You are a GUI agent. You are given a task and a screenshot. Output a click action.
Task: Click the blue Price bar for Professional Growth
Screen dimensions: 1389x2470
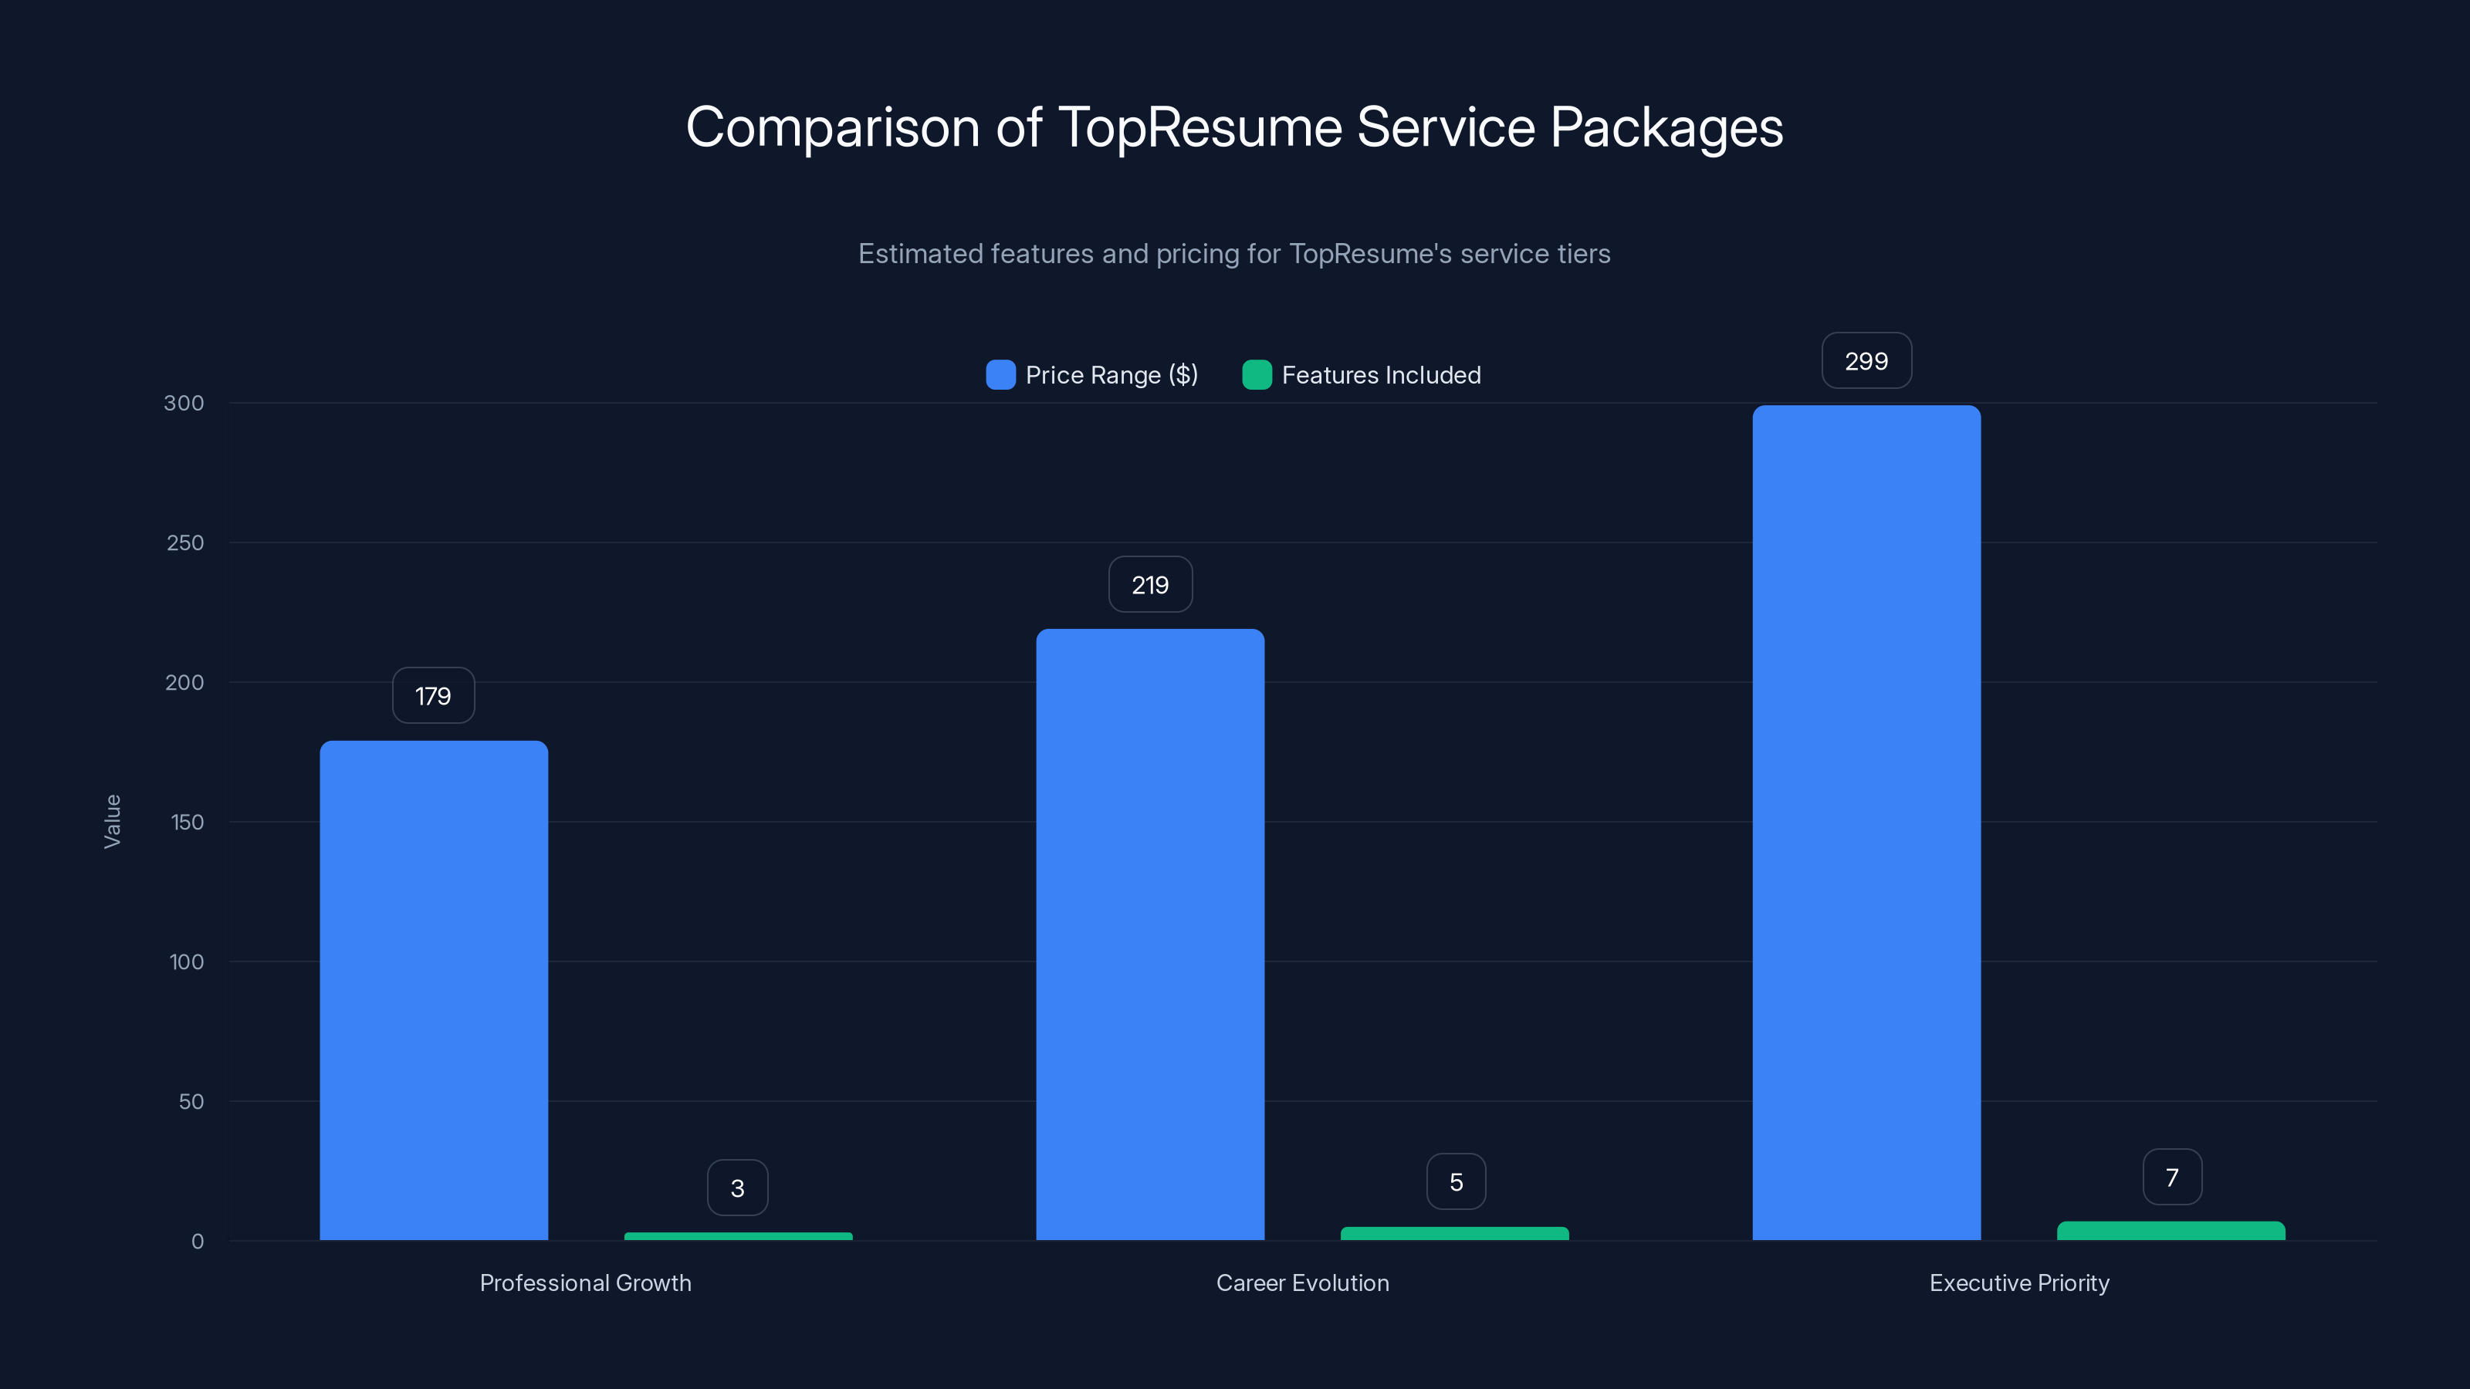tap(433, 989)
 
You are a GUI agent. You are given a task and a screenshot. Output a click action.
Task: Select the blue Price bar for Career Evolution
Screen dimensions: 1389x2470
tap(1149, 934)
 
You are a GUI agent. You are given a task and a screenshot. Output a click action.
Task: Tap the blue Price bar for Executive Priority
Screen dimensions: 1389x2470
tap(1866, 823)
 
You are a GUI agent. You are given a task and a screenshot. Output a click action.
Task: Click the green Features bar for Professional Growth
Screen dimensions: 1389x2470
tap(737, 1235)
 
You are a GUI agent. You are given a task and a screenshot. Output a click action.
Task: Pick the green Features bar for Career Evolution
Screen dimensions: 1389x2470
tap(1454, 1233)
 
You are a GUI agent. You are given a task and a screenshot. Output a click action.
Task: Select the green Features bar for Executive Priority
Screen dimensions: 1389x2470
tap(2171, 1230)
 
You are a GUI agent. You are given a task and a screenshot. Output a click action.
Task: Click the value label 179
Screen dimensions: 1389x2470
tap(433, 696)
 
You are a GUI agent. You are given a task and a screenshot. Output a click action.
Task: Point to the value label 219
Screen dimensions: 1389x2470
tap(1149, 585)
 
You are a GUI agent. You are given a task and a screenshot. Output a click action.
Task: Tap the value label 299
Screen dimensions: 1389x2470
tap(1866, 361)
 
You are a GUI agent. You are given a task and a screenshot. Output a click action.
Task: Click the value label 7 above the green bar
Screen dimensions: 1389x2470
tap(2172, 1177)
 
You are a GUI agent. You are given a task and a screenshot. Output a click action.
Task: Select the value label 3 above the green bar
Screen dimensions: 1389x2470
tap(737, 1188)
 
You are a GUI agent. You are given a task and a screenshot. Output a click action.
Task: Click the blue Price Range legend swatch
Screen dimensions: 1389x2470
tap(1000, 375)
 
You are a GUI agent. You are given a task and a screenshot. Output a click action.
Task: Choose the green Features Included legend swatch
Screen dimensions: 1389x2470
tap(1256, 375)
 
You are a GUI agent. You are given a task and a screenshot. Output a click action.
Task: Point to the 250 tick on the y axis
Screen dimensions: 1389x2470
tap(185, 542)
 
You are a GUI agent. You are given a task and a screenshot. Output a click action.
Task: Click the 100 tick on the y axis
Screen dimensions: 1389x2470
tap(186, 961)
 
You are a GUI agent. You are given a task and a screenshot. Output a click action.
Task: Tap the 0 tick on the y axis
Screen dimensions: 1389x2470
tap(198, 1242)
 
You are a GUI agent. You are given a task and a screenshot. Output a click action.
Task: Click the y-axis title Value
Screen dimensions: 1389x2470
tap(112, 822)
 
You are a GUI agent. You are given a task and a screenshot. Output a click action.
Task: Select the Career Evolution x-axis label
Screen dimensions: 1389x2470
tap(1302, 1283)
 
